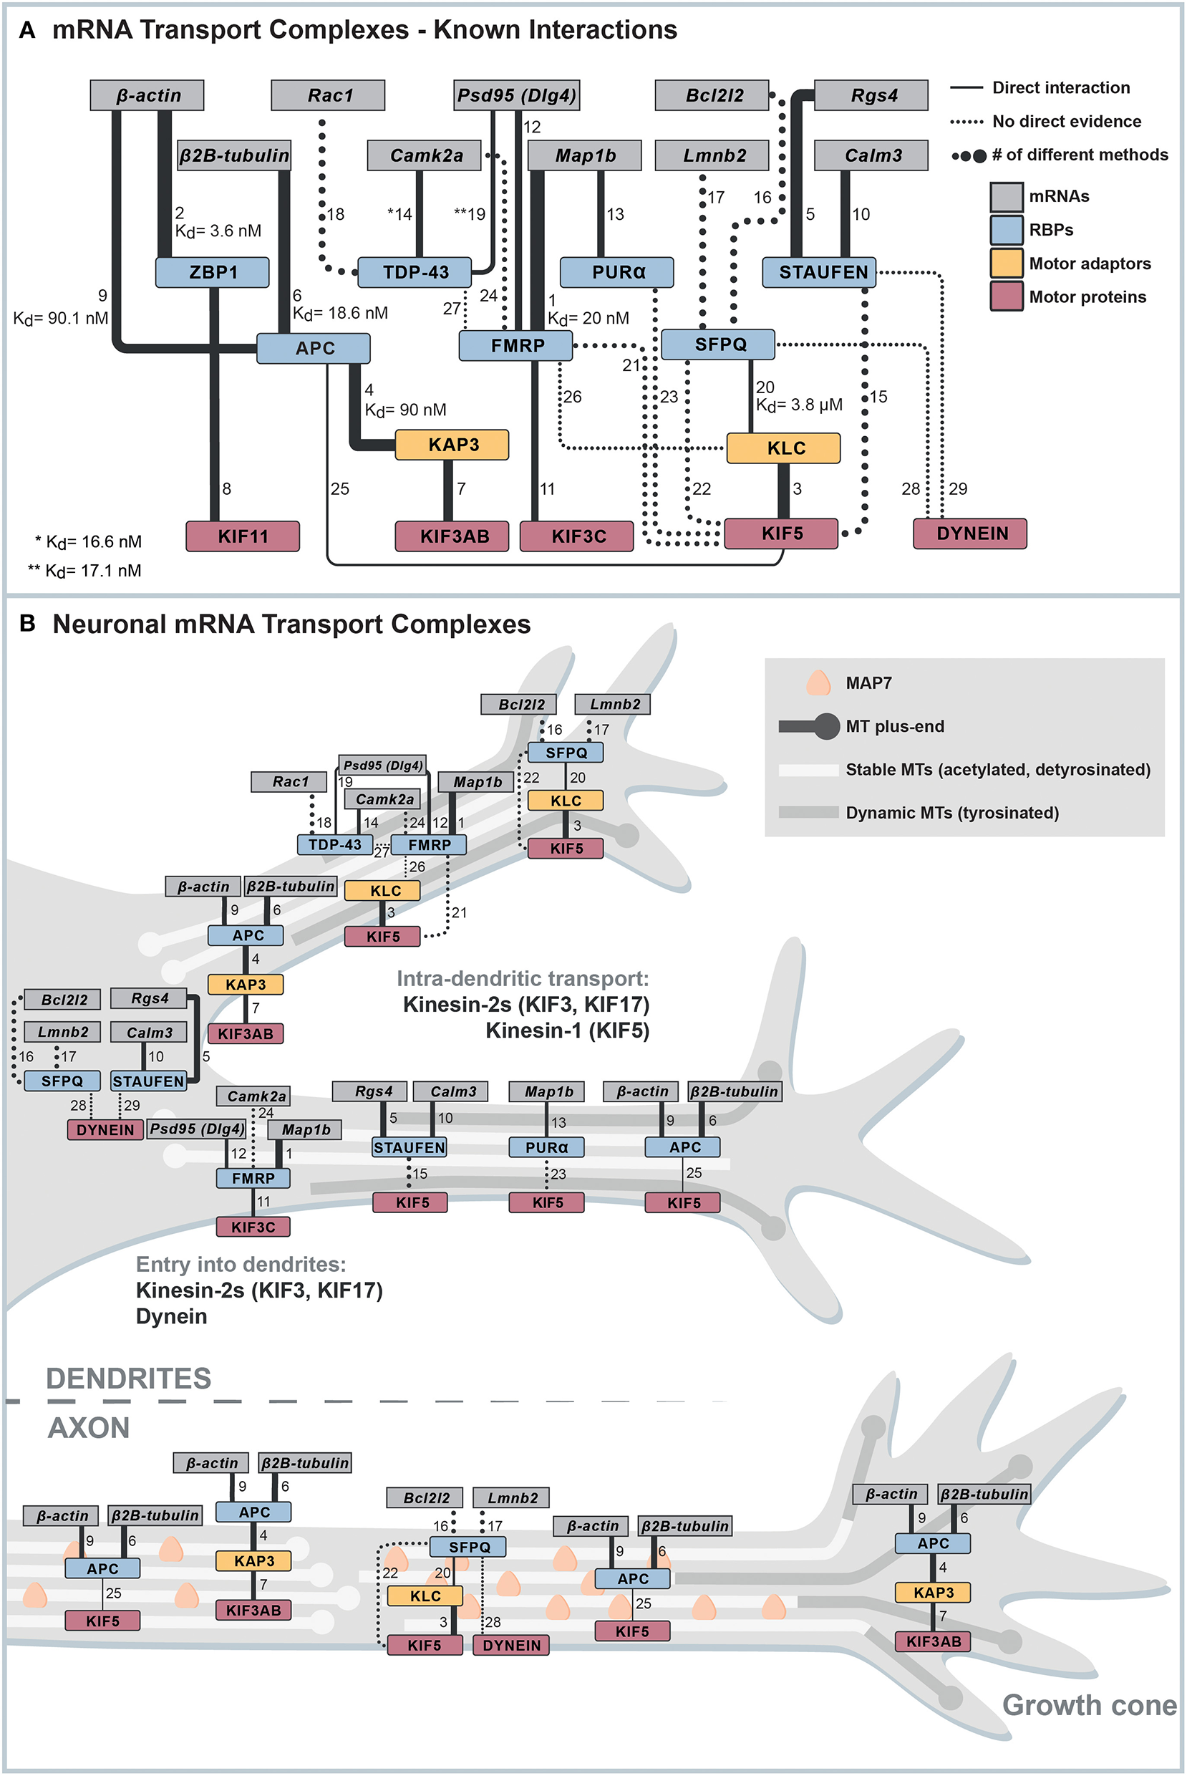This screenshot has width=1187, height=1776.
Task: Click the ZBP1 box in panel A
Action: pos(212,273)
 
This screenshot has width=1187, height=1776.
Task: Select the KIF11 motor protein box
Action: pos(242,536)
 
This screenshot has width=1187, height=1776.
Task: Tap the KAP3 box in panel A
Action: pos(452,445)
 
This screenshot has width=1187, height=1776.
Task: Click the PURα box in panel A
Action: pos(617,273)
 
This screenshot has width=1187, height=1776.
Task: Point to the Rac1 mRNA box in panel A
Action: pos(328,95)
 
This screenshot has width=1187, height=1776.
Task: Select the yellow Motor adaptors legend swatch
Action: pos(1006,263)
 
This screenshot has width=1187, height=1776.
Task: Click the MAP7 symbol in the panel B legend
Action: pos(818,683)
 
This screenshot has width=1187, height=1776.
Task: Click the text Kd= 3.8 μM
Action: pos(799,406)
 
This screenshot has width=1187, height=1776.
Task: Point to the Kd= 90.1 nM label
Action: pos(61,319)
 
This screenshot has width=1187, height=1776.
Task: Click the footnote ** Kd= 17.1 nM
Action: pos(84,571)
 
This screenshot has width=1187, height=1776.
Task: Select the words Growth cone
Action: pos(1089,1705)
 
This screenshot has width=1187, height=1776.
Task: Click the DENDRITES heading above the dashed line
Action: pos(129,1378)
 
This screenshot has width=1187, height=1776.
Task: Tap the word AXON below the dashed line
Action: pos(89,1428)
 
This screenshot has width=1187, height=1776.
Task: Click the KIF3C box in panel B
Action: pos(253,1227)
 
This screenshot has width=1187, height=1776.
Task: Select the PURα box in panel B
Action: pos(546,1147)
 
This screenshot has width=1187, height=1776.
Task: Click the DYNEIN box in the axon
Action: pos(511,1645)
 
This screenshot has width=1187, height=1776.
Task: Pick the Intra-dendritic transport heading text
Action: pos(523,979)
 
